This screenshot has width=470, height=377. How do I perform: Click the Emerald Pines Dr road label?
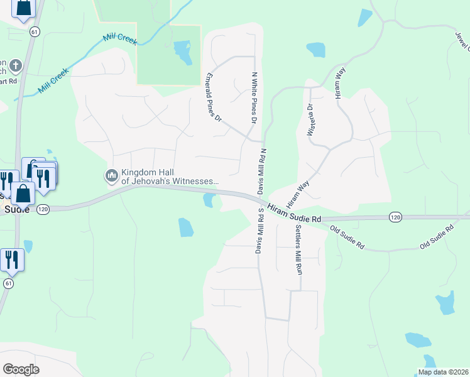[214, 97]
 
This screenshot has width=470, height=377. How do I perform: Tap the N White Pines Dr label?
[254, 97]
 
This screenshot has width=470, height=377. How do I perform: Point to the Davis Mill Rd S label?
[258, 231]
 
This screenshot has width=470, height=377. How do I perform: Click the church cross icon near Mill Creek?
[16, 65]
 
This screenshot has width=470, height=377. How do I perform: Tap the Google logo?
[21, 369]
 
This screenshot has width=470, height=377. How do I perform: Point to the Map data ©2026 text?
[442, 372]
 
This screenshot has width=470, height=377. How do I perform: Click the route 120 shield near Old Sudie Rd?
[395, 217]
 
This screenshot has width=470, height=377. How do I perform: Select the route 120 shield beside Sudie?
[42, 210]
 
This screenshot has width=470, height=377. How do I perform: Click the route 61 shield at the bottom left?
[8, 283]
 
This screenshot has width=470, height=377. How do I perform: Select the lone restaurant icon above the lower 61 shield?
[12, 259]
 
